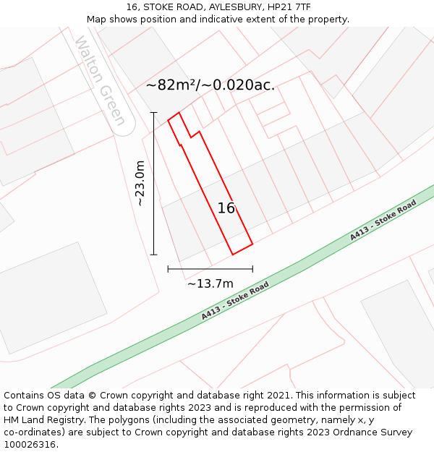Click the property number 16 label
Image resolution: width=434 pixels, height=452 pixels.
[226, 208]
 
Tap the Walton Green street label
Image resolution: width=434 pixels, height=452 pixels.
[101, 80]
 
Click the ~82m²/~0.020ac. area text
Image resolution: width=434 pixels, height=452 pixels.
[210, 85]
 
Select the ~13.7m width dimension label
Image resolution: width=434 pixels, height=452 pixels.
[210, 283]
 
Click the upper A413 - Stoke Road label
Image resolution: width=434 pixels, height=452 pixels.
[383, 221]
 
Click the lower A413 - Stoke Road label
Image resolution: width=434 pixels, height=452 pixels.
[235, 301]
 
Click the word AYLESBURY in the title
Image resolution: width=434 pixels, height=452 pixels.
[223, 7]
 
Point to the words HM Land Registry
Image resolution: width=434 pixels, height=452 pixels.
[43, 420]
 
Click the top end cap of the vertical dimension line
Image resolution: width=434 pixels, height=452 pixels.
[153, 112]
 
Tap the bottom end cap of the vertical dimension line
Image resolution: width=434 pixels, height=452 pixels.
[153, 255]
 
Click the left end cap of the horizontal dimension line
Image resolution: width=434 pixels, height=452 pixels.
[168, 269]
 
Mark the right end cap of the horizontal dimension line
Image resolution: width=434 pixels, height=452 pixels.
[252, 269]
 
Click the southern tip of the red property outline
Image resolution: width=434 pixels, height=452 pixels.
[233, 255]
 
